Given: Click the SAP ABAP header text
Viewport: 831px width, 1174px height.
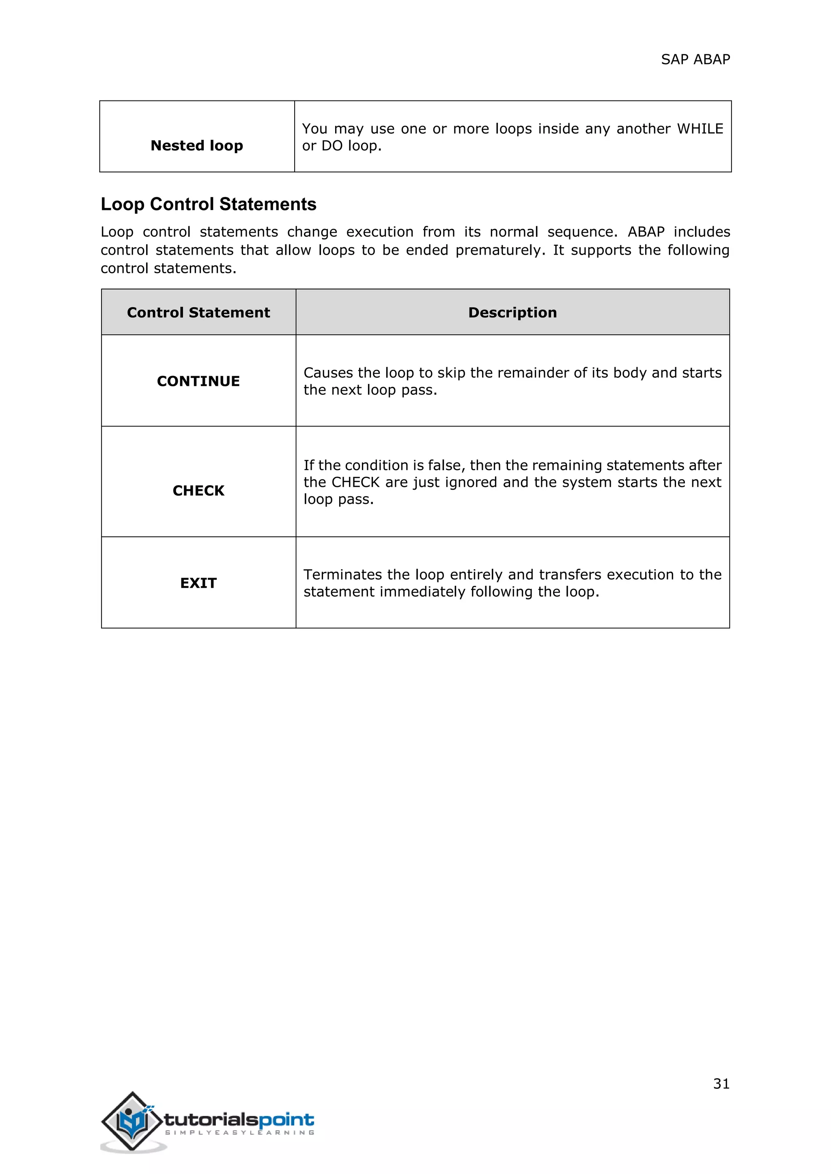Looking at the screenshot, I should [x=695, y=59].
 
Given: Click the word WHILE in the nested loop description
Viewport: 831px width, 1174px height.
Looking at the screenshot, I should [x=700, y=129].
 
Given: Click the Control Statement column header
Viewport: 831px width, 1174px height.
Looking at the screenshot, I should [x=198, y=313].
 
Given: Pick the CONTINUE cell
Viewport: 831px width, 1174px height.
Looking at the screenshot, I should [x=198, y=381].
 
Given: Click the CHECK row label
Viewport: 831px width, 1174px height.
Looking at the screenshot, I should [x=198, y=491].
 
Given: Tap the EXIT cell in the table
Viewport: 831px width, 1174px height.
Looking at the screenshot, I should [x=198, y=583].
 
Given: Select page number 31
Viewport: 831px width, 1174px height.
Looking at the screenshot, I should [x=721, y=1084].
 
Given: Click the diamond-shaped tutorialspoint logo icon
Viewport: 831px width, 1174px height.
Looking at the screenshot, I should [x=131, y=1121].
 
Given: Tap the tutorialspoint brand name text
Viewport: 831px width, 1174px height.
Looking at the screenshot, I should [x=239, y=1119].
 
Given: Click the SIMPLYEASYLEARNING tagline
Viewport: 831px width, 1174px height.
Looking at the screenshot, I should [x=239, y=1133].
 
